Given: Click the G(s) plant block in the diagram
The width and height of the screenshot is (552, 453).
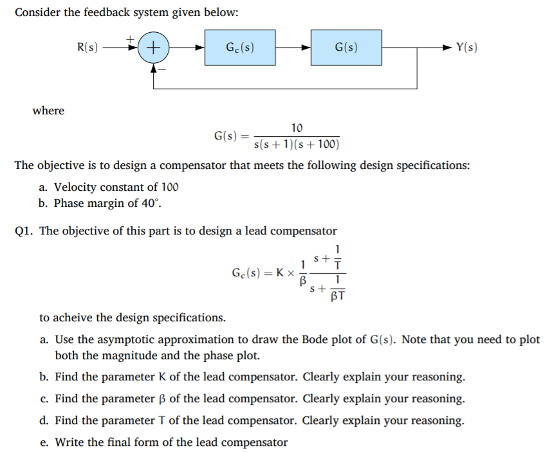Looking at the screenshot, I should click(346, 47).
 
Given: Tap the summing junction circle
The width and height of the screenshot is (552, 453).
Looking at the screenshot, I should click(154, 48).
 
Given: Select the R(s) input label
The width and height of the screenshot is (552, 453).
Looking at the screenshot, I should click(87, 47).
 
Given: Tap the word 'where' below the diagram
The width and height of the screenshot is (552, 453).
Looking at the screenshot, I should click(48, 111).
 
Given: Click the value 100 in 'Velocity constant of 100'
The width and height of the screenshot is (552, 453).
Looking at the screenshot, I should click(169, 187).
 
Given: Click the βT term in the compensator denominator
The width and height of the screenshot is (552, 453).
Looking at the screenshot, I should click(337, 296).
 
